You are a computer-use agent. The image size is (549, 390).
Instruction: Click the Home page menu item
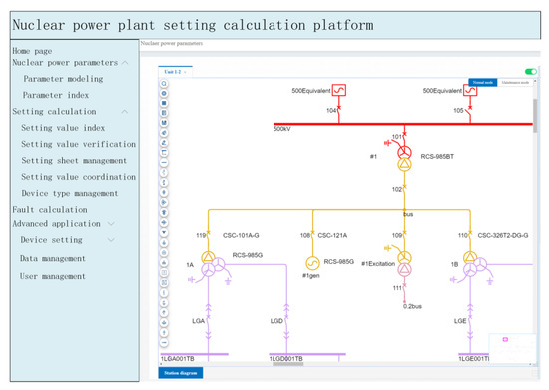pyautogui.click(x=31, y=50)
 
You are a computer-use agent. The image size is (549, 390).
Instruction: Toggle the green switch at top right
pyautogui.click(x=530, y=72)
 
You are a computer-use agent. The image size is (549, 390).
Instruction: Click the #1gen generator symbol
pyautogui.click(x=312, y=263)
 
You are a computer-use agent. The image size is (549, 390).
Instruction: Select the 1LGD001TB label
pyautogui.click(x=287, y=358)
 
